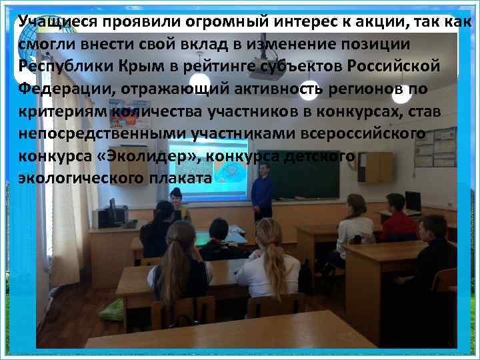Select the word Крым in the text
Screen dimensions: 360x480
(x=121, y=67)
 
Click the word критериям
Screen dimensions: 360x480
(x=61, y=111)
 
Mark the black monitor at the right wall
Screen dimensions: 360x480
(x=413, y=201)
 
